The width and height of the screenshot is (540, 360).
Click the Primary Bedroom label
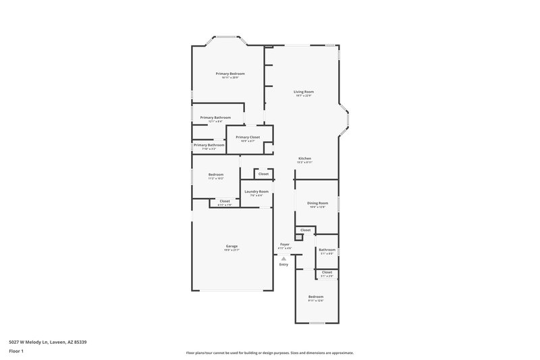230,74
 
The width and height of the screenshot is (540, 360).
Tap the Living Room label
303,92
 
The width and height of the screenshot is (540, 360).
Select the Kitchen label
304,159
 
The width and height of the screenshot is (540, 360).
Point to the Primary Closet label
248,137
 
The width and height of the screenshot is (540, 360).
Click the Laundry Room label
256,192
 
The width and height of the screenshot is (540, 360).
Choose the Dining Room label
317,203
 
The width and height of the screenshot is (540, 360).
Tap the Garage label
232,246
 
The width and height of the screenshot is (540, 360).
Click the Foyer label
285,245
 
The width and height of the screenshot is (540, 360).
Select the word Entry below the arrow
283,264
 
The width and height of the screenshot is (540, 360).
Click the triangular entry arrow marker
283,257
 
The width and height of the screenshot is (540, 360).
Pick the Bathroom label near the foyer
327,250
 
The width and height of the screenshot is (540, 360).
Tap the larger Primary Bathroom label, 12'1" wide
215,118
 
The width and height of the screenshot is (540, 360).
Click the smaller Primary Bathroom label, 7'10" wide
209,145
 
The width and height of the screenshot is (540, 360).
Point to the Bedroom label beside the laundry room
215,175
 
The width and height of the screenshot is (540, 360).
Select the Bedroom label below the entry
316,297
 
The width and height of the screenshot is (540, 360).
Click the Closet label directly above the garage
225,201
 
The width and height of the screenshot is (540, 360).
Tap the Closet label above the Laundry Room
263,174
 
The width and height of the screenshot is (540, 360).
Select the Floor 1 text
16,352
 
